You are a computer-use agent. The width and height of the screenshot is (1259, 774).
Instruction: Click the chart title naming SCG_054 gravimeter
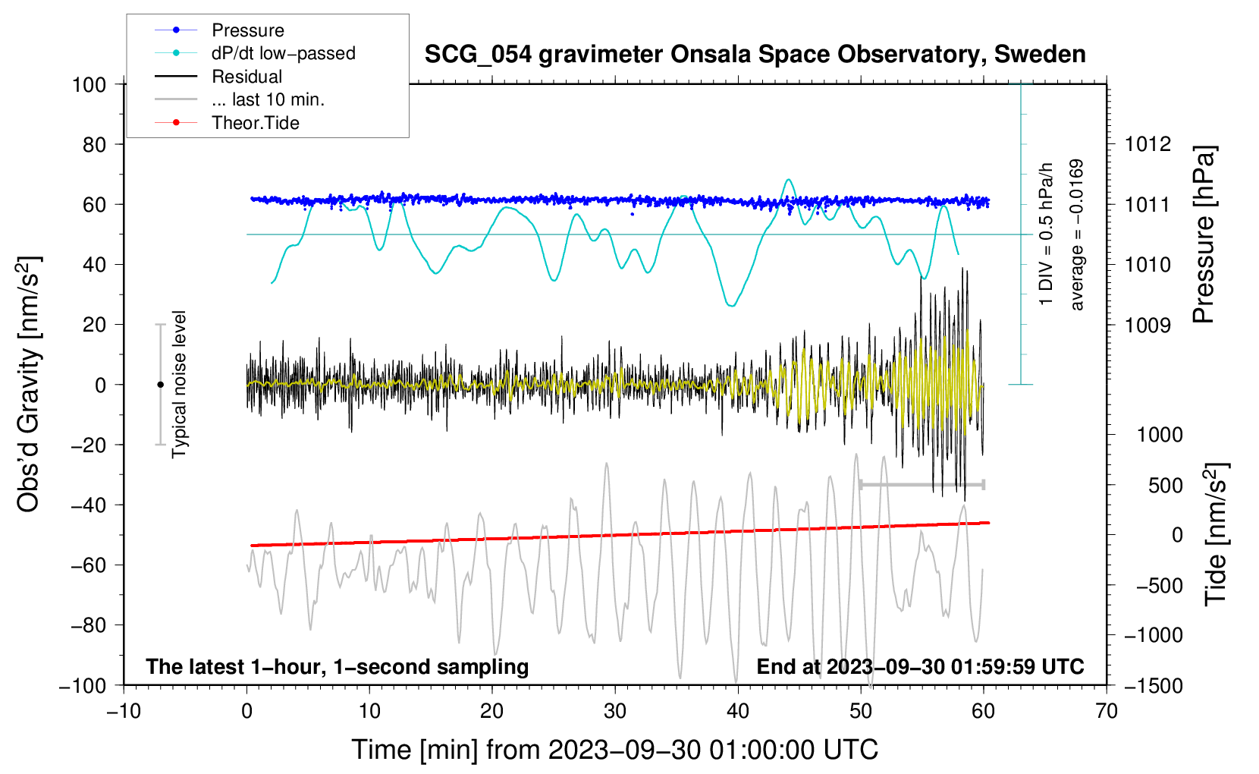[x=755, y=55]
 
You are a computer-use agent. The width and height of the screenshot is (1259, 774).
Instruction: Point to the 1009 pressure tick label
[x=1148, y=325]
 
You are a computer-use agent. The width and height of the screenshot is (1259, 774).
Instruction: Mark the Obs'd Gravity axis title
[x=28, y=384]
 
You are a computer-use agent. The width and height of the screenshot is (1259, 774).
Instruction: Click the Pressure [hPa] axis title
[x=1204, y=234]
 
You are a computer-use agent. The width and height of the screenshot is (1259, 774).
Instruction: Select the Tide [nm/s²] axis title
[x=1216, y=534]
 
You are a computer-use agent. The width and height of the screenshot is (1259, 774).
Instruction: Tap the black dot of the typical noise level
[x=160, y=385]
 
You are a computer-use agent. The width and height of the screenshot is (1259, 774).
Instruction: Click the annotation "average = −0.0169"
[x=1077, y=234]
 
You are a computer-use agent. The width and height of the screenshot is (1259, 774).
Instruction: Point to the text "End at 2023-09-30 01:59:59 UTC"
[x=920, y=666]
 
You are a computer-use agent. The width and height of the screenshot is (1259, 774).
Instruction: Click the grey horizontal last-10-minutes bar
[x=921, y=484]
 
